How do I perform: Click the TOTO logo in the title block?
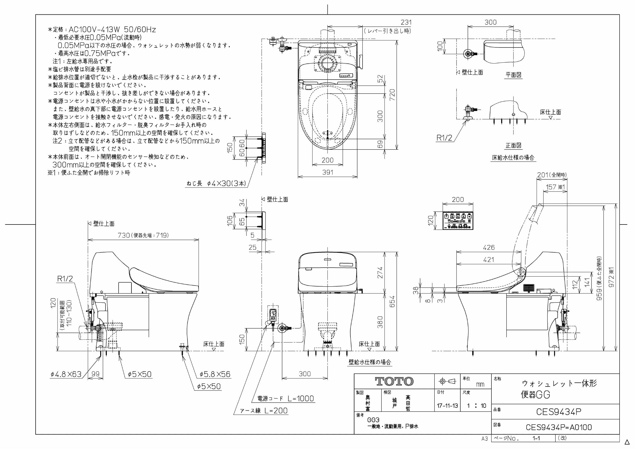click(x=394, y=381)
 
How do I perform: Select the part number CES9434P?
click(x=558, y=412)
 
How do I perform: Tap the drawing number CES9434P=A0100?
click(x=558, y=427)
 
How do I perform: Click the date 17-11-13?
click(x=447, y=406)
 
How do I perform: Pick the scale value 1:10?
click(x=476, y=406)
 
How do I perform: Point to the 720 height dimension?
click(x=392, y=95)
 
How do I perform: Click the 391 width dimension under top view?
click(x=327, y=172)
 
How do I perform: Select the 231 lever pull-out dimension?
click(x=406, y=22)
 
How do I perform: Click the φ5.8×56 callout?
click(x=215, y=374)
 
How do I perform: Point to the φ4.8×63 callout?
click(x=66, y=374)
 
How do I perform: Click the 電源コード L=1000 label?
click(x=286, y=398)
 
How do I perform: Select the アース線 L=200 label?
click(x=264, y=411)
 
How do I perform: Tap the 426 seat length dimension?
click(x=489, y=247)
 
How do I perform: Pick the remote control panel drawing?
click(x=458, y=221)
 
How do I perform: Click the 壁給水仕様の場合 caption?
click(x=369, y=362)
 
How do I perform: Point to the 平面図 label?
click(x=513, y=75)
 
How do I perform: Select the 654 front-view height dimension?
click(x=392, y=301)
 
